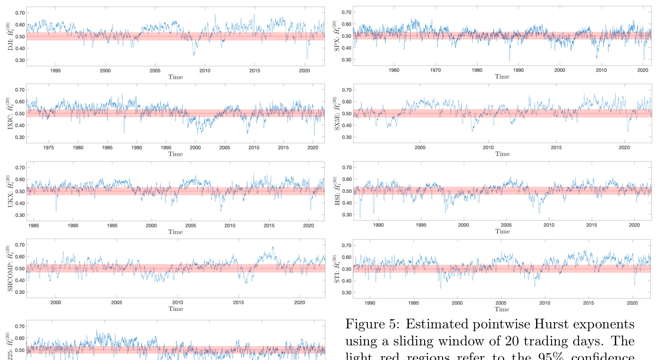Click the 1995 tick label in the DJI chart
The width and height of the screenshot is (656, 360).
(55, 70)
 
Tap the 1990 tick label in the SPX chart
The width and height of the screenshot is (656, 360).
(519, 70)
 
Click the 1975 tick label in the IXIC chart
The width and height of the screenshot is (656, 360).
(49, 148)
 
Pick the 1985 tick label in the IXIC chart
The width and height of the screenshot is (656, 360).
(107, 148)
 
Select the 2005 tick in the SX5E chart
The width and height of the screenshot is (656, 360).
(420, 148)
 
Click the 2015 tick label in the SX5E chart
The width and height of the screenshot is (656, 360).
(556, 148)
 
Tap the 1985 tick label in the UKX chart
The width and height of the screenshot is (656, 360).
(34, 225)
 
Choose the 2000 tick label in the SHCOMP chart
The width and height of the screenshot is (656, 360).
(56, 303)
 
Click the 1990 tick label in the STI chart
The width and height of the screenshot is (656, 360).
(370, 303)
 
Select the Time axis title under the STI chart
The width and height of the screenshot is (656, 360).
(502, 309)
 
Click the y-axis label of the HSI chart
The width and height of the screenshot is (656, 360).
(338, 190)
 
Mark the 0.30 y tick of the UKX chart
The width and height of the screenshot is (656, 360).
(20, 215)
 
